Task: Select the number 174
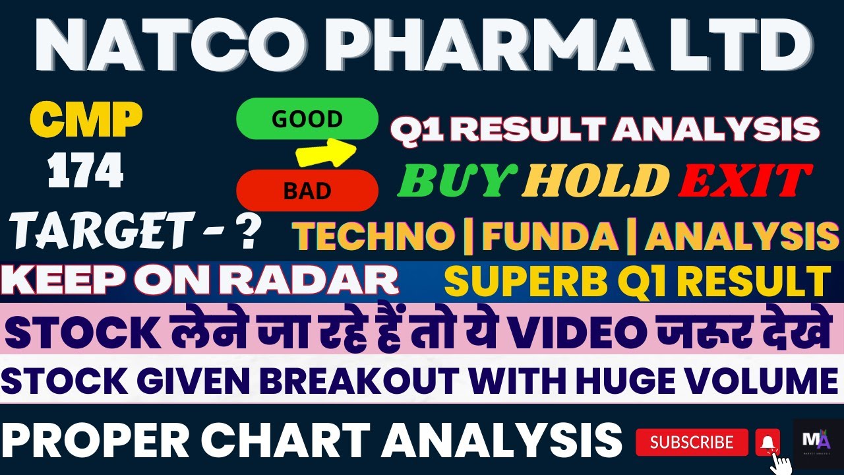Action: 86,173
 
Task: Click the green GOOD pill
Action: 307,119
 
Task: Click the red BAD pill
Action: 307,191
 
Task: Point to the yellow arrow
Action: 326,153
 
